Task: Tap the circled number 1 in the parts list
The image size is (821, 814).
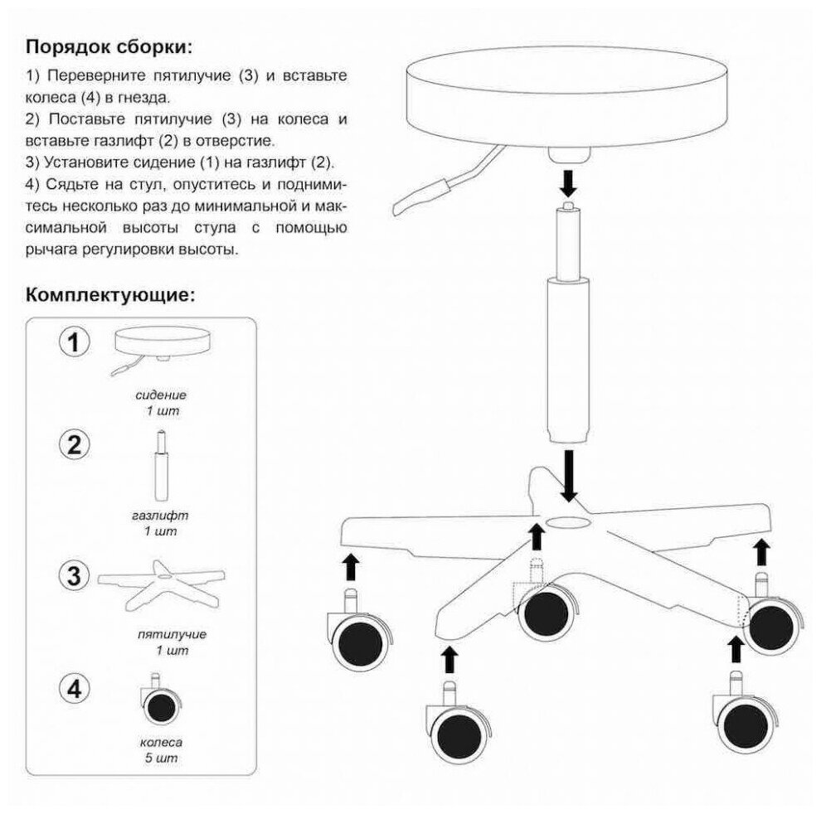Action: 74,342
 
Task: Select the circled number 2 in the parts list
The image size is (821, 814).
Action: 74,446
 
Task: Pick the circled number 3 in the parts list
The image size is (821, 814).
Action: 74,574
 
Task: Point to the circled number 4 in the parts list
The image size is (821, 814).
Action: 74,689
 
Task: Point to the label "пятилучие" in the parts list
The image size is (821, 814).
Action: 161,634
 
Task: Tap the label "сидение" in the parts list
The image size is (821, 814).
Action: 161,395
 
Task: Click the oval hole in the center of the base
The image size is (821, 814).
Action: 569,524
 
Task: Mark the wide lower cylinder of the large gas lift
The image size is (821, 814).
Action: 569,361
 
